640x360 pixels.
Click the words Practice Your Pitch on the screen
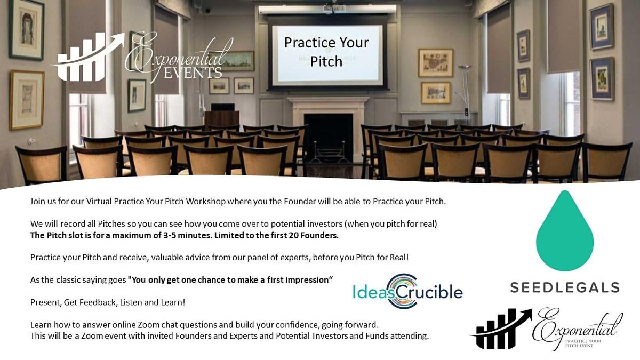tap(326, 52)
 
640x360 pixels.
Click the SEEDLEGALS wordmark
tap(564, 287)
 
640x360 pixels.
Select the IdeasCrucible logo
tap(407, 292)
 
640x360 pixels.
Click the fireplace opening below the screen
tap(327, 137)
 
